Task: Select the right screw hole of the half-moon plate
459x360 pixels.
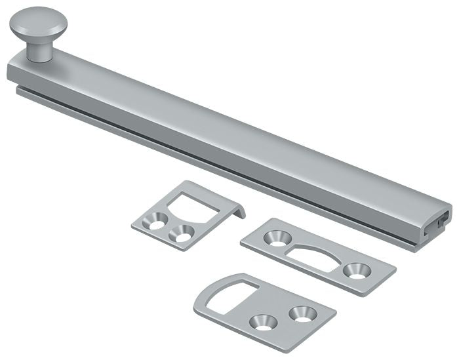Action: pos(358,270)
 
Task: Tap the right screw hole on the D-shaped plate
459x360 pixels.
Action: pos(302,312)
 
